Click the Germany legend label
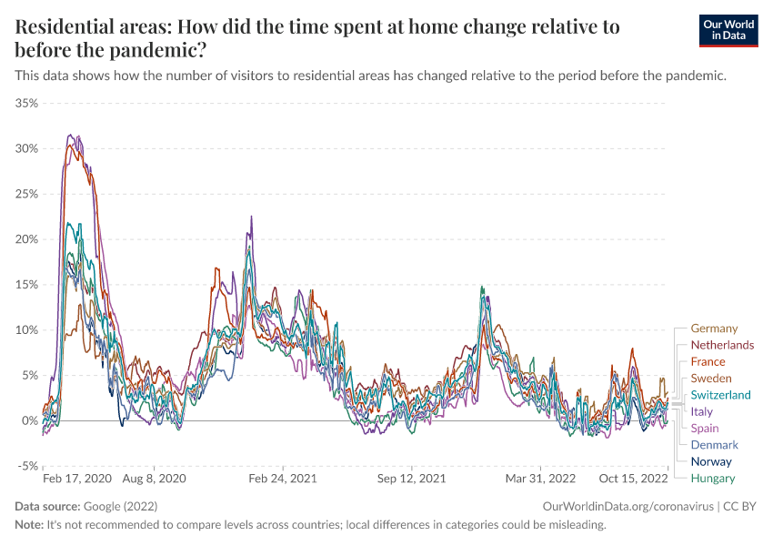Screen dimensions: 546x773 point(714,329)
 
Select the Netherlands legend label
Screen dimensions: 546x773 point(722,345)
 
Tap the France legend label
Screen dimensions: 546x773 point(708,361)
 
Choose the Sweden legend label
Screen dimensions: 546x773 point(710,378)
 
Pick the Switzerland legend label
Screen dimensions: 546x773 point(720,395)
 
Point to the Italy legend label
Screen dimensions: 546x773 point(702,411)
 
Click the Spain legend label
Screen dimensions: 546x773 point(705,428)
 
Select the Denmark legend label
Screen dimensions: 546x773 point(714,445)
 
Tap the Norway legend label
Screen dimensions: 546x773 point(711,461)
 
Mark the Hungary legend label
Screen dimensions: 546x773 point(713,478)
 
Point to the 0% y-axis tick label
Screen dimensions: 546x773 point(30,420)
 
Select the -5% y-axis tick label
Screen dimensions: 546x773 point(27,466)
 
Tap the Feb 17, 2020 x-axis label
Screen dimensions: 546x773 point(77,478)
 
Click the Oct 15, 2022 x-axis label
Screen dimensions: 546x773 point(634,478)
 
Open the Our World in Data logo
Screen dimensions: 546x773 point(728,30)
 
